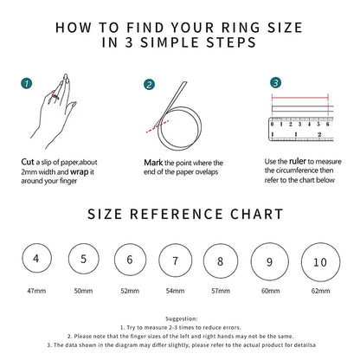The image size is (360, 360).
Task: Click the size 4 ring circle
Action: (35, 258)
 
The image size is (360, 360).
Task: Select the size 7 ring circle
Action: (175, 260)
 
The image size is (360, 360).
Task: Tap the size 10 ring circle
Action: (320, 261)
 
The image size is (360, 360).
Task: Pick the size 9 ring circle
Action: (269, 260)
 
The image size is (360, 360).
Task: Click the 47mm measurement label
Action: (35, 291)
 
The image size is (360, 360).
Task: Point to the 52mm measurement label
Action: (129, 291)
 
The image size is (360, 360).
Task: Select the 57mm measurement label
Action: (222, 291)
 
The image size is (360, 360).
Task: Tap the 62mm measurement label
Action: (320, 291)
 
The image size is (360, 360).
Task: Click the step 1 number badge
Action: (27, 84)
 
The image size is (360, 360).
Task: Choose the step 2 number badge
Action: (149, 84)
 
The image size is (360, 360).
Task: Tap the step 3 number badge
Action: (275, 83)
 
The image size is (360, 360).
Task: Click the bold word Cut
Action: (28, 161)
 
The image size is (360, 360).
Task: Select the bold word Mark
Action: (153, 161)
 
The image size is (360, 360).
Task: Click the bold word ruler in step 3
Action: (296, 161)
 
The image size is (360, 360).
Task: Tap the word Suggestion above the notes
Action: (180, 319)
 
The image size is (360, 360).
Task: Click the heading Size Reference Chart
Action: (180, 214)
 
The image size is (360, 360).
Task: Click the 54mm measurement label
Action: (175, 291)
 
